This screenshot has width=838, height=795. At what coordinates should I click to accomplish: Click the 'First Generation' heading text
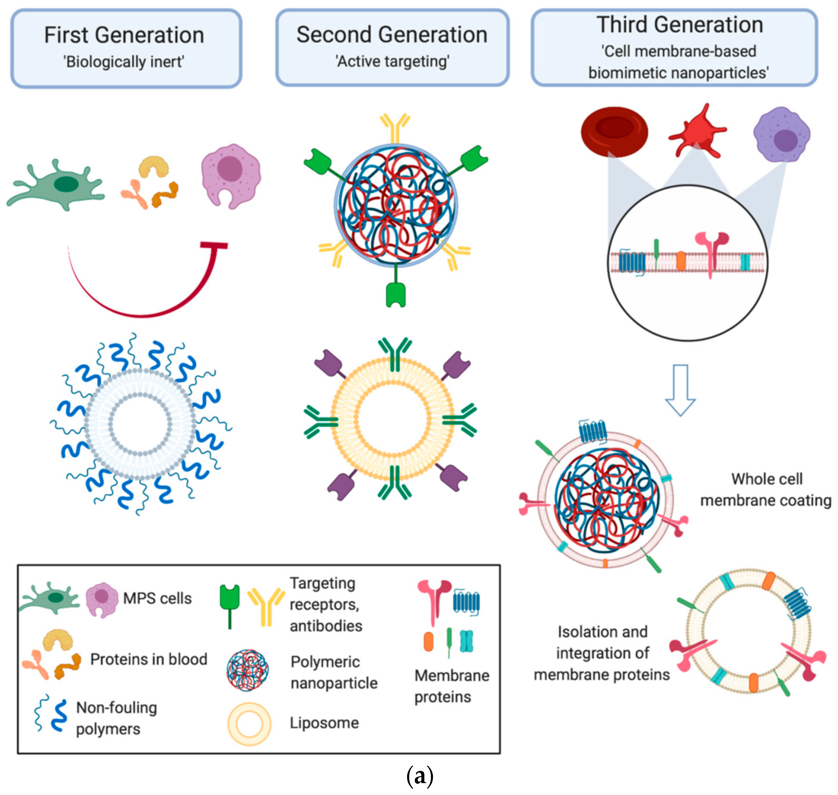[124, 35]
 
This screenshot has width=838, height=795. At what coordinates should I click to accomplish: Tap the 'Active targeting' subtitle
[392, 61]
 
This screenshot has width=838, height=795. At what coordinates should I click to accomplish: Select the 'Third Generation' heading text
[680, 25]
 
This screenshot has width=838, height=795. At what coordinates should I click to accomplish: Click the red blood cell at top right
[614, 131]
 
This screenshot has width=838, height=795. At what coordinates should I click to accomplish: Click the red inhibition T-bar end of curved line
[214, 245]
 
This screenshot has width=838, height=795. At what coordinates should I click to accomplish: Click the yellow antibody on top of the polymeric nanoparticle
[395, 127]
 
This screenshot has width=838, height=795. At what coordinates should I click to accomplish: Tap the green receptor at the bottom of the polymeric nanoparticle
[395, 292]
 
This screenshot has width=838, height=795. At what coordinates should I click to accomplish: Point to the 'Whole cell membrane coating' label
[766, 490]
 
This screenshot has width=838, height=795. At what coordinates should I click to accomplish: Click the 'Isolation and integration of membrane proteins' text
[602, 653]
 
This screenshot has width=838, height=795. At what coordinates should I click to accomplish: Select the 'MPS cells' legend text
[157, 598]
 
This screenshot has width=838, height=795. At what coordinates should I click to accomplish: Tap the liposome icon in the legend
[249, 723]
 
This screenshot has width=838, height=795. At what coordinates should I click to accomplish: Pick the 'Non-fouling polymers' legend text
[116, 718]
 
